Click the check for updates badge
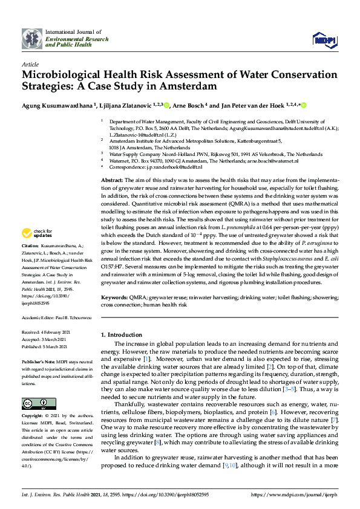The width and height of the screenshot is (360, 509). point(38,233)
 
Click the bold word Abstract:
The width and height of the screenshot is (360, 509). point(112,181)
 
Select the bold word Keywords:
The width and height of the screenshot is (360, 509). point(114,298)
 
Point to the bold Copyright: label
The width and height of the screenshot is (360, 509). point(33,417)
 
